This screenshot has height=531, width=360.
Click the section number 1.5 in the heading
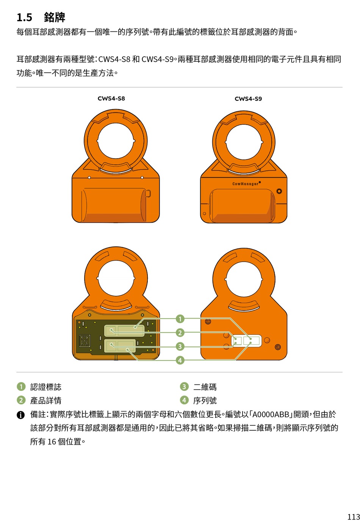[x=24, y=17]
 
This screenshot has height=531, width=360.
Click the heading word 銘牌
[x=55, y=17]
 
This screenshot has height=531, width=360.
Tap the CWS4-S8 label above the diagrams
[x=111, y=98]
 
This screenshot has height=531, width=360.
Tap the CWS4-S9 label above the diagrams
[x=248, y=98]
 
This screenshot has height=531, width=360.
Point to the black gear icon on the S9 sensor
[x=279, y=191]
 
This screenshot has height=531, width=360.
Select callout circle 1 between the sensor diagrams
[x=180, y=319]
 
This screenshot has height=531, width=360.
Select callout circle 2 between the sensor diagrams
[x=180, y=333]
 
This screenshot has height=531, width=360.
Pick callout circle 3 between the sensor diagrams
[x=180, y=347]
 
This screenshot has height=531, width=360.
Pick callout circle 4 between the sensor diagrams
[x=180, y=360]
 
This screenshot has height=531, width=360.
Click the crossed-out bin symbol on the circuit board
[x=85, y=340]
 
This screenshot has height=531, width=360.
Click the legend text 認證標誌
[x=46, y=387]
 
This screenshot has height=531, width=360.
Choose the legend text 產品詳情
[x=46, y=400]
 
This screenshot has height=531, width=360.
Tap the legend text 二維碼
[x=205, y=387]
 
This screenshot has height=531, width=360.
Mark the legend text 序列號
[x=205, y=400]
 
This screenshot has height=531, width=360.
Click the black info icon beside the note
[x=20, y=415]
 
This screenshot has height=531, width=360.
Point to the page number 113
[x=354, y=517]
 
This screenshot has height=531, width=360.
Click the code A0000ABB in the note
[x=271, y=414]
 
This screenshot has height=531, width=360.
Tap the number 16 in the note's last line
[x=52, y=442]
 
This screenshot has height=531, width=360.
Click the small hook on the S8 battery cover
[x=148, y=193]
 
